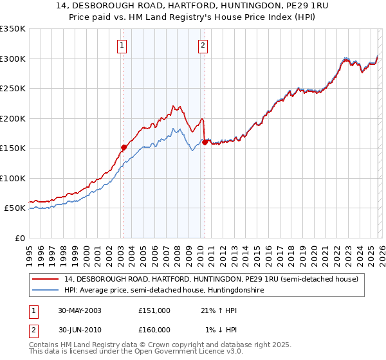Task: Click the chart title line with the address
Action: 193,6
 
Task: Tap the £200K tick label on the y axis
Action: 13,118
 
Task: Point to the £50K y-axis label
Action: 15,208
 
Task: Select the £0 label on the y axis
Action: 20,238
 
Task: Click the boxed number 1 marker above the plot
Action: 122,45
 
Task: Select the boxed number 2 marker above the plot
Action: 203,45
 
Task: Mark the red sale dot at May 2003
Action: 124,147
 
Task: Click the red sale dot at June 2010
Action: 205,142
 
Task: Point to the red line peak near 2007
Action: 173,105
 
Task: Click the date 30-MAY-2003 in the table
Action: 79,310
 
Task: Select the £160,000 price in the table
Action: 154,330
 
